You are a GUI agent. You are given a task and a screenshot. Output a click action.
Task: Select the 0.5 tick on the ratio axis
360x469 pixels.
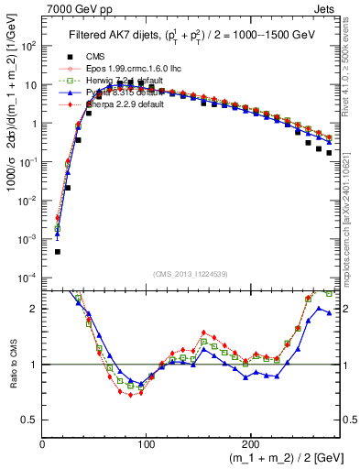click(x=30, y=420)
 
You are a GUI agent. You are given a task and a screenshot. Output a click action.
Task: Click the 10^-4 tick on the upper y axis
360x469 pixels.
click(x=28, y=278)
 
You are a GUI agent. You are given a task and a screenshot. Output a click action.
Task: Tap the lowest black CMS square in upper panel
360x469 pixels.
click(x=57, y=251)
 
